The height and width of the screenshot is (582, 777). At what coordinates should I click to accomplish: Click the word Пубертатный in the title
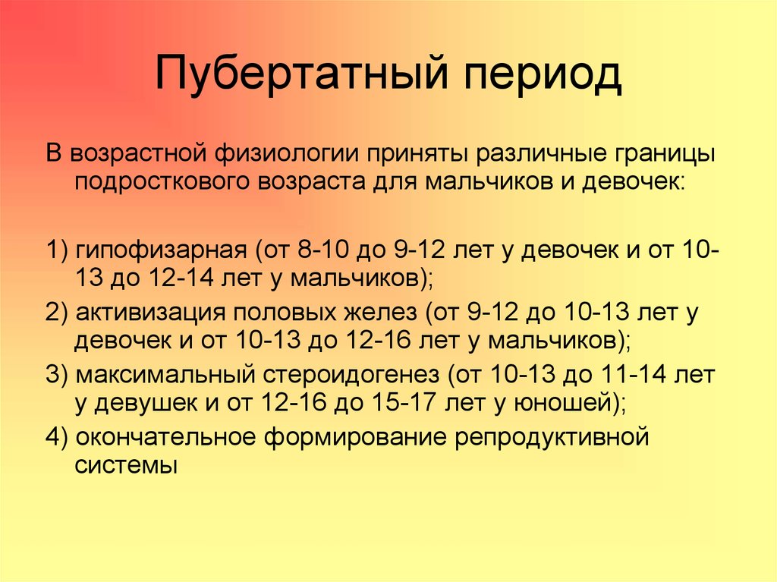(301, 74)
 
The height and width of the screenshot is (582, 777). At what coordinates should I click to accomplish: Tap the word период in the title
(543, 75)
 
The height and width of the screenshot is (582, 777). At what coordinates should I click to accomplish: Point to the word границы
(665, 155)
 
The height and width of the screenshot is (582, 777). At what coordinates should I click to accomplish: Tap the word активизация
(151, 313)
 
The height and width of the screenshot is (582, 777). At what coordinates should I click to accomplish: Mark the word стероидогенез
(351, 376)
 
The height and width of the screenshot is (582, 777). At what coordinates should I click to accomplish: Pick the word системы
(126, 467)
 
